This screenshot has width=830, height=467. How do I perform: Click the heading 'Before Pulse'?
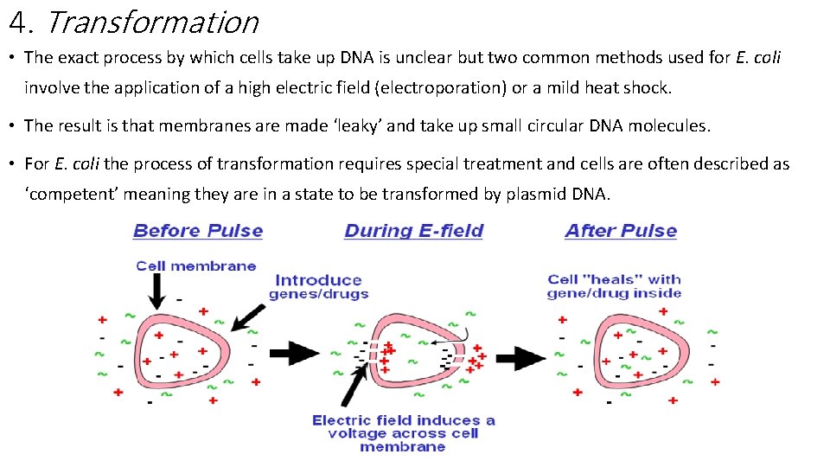pyautogui.click(x=198, y=231)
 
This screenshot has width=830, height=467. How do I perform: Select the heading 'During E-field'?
pyautogui.click(x=413, y=231)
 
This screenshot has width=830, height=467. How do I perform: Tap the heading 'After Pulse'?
pyautogui.click(x=621, y=231)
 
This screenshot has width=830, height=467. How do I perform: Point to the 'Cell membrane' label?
pyautogui.click(x=196, y=265)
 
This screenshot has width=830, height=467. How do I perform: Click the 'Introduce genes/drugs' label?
pyautogui.click(x=318, y=286)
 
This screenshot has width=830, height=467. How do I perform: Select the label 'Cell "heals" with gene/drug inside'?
pyautogui.click(x=614, y=286)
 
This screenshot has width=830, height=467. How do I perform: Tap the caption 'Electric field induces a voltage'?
pyautogui.click(x=403, y=433)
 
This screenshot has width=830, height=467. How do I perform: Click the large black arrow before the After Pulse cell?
pyautogui.click(x=520, y=355)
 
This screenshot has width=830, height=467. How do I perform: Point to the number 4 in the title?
pyautogui.click(x=17, y=22)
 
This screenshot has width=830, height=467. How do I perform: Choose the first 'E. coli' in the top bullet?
pyautogui.click(x=757, y=58)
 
